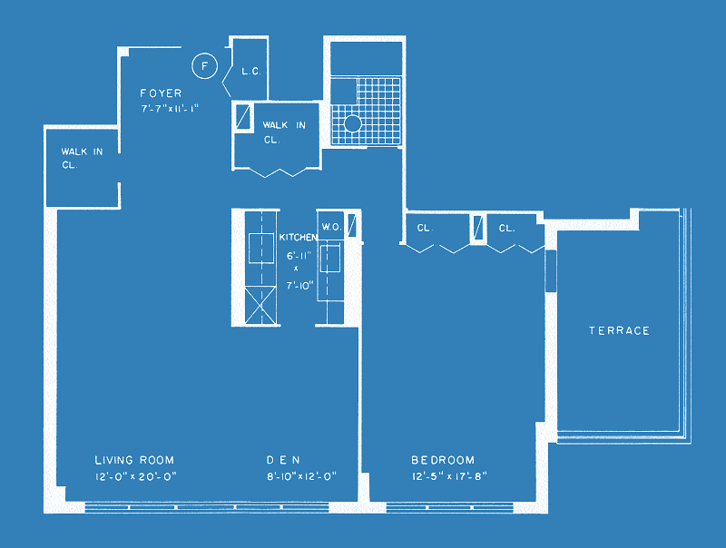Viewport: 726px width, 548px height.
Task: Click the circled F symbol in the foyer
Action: click(205, 66)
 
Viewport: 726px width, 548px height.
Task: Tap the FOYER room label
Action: click(161, 93)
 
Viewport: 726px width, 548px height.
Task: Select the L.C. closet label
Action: click(251, 72)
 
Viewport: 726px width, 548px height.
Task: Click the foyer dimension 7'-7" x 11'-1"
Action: click(170, 109)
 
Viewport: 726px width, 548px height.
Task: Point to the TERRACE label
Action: click(619, 330)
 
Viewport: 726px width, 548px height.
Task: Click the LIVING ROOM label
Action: click(134, 460)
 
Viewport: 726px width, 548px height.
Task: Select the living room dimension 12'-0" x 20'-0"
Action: click(135, 476)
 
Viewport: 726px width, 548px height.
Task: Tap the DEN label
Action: click(283, 460)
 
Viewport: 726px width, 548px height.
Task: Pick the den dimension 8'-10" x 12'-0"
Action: click(301, 476)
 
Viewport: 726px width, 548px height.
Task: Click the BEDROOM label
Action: click(443, 460)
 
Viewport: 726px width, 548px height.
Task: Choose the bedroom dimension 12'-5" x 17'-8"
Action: click(449, 476)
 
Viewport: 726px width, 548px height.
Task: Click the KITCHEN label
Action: click(299, 238)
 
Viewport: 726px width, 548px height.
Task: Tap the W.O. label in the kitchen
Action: click(332, 227)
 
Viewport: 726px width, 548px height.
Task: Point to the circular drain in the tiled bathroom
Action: click(352, 123)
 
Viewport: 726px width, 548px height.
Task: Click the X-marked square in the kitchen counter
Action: click(260, 306)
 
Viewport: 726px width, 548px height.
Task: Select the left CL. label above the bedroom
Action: click(425, 228)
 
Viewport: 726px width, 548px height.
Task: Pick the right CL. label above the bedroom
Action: click(506, 228)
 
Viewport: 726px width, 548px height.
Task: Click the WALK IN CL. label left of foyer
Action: click(82, 158)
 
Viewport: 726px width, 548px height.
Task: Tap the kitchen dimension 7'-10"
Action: click(299, 286)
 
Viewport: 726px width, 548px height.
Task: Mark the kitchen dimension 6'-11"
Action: click(299, 256)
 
